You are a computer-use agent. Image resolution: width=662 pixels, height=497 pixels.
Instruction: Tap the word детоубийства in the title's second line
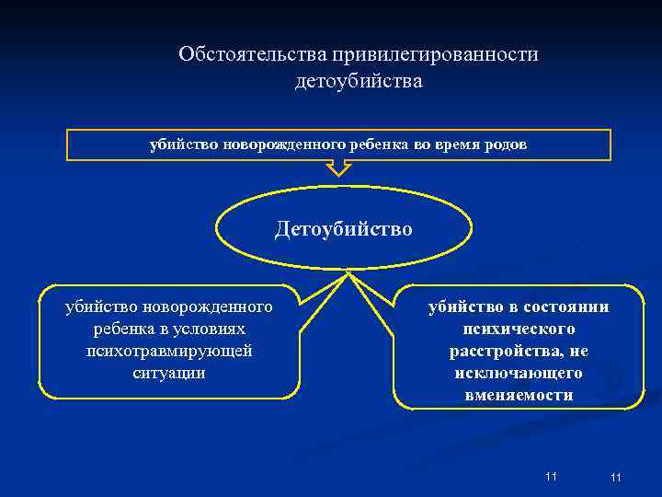(359, 82)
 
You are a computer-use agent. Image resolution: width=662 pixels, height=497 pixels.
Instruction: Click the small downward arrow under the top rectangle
(339, 168)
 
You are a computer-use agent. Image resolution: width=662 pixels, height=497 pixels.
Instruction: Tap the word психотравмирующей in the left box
(168, 351)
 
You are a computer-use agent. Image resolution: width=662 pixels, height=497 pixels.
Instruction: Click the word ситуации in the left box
(168, 373)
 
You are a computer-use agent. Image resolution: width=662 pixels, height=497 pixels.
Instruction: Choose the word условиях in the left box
(213, 329)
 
